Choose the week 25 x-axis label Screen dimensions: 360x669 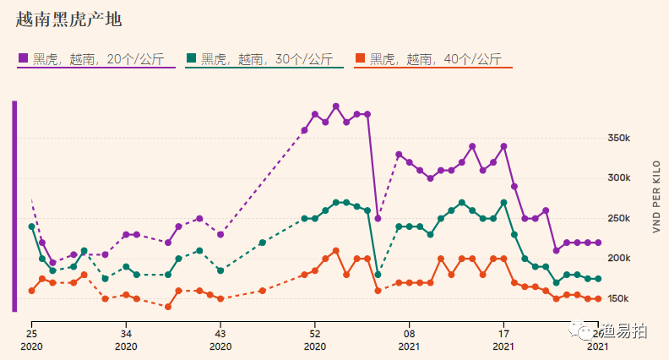coord(31,334)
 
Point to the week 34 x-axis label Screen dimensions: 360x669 coord(126,334)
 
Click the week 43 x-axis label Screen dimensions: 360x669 coord(220,334)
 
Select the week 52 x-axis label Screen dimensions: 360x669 coord(315,334)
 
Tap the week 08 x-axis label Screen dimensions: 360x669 coord(410,334)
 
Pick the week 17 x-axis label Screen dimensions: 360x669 coord(504,334)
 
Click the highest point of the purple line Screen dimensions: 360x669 coord(336,106)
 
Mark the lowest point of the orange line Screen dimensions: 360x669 coord(168,307)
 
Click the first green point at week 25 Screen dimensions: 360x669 coord(31,226)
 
